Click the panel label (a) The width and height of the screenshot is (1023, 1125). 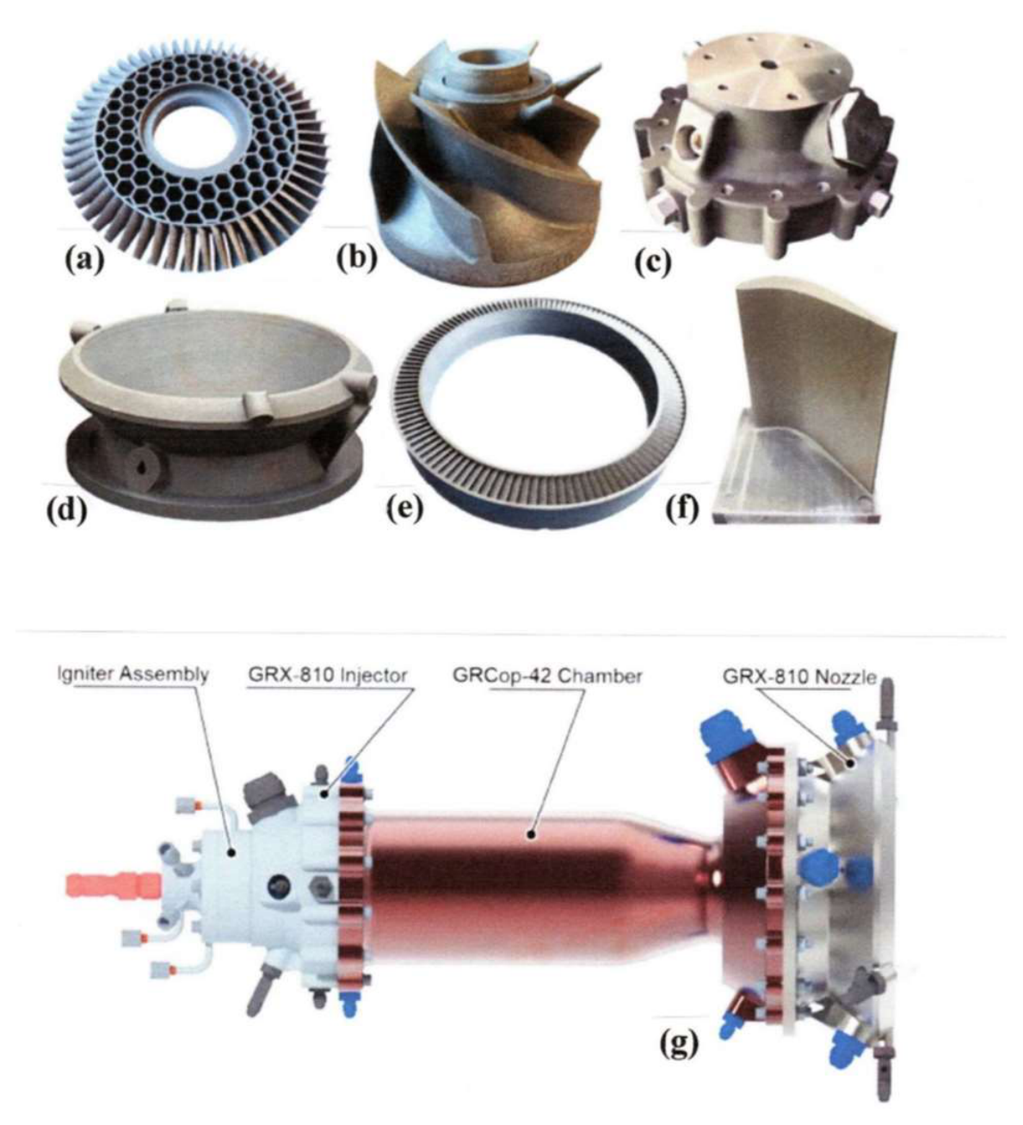click(84, 260)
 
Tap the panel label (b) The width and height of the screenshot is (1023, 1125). click(356, 260)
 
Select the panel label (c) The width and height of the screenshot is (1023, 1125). click(653, 263)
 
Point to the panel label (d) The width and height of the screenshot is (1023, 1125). click(66, 512)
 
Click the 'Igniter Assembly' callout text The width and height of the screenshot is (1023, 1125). click(132, 675)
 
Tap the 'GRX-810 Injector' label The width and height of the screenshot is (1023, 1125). click(327, 675)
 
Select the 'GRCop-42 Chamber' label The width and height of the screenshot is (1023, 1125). click(547, 677)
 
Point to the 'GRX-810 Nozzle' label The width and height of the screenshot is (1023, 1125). click(798, 677)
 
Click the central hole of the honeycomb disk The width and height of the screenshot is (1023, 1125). click(190, 138)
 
